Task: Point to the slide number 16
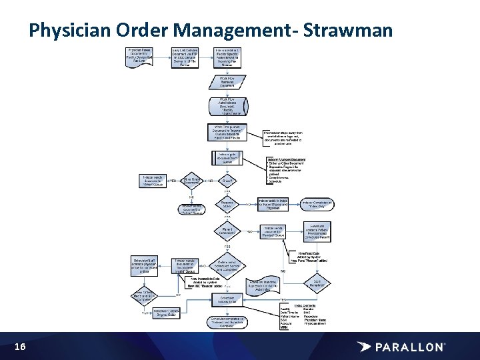[x=20, y=347]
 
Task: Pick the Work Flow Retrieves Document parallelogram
[x=227, y=83]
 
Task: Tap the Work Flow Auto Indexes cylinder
[x=227, y=107]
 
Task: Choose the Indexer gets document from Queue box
[x=227, y=158]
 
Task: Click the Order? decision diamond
[x=227, y=180]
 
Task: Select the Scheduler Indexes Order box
[x=227, y=299]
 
